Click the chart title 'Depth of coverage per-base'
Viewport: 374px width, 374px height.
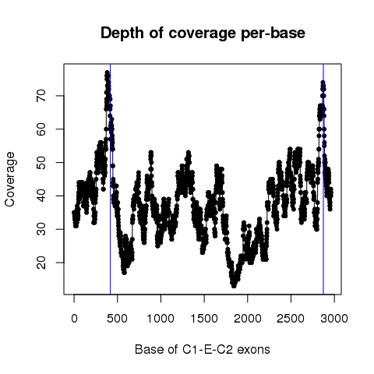click(203, 34)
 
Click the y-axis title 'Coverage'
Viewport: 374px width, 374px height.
click(10, 179)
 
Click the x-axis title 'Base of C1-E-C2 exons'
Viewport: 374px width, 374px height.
click(203, 349)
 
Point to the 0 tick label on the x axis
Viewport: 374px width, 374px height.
click(74, 319)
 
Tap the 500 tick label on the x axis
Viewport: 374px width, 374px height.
click(118, 319)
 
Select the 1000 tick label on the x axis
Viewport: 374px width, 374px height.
click(161, 319)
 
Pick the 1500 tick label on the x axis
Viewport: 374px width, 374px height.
click(204, 319)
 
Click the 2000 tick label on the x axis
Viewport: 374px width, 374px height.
click(248, 319)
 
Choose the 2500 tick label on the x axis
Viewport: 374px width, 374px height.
click(291, 319)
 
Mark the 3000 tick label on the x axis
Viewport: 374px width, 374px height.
click(334, 319)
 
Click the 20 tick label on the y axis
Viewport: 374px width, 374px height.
click(41, 263)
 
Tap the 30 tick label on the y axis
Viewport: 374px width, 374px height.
click(41, 229)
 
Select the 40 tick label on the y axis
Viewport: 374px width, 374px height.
click(41, 196)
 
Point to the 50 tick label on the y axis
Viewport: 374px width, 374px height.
click(41, 162)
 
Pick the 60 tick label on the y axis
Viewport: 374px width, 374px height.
click(41, 129)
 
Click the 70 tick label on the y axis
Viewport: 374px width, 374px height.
click(41, 96)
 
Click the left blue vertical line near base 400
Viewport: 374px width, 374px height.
click(111, 179)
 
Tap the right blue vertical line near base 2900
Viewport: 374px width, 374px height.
click(323, 179)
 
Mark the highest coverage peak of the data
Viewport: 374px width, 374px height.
click(107, 72)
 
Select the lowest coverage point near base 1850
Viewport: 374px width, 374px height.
click(234, 286)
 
